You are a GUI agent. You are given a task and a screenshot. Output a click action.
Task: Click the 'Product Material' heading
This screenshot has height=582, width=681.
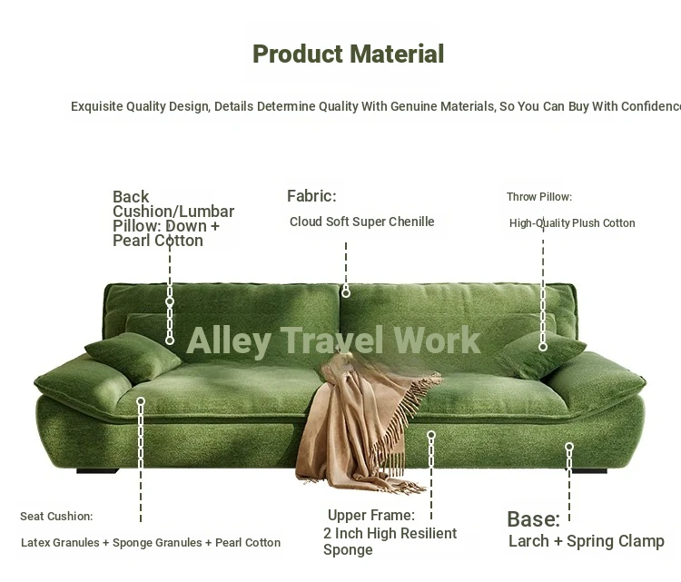pos(349,54)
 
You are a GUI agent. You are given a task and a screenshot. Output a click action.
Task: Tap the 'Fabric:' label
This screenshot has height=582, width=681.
pos(311,196)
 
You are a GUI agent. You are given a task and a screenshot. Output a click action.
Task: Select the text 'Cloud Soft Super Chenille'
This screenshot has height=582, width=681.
pos(361,222)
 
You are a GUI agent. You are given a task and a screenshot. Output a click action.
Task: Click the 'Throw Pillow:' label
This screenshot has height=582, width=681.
pos(539,197)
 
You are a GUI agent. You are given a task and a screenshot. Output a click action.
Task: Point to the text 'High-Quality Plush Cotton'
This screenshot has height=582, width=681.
pos(572,222)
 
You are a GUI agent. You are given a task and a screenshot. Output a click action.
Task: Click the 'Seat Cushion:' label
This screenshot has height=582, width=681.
pos(56,516)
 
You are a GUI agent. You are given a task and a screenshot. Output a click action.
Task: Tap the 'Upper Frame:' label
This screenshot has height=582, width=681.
pos(371,515)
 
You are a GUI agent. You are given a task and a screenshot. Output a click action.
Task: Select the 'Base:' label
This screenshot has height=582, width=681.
pos(533,519)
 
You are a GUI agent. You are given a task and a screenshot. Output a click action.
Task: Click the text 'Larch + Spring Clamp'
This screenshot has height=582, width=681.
pos(587,541)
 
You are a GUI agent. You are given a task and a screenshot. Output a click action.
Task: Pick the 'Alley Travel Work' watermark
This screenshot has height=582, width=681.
pos(333,340)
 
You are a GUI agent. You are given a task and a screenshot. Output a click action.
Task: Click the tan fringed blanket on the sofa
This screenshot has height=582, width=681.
pos(365,423)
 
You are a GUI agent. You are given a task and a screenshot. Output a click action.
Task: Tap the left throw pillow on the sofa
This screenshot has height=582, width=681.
pos(133,357)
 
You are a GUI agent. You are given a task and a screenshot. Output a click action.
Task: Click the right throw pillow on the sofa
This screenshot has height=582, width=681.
pos(541,354)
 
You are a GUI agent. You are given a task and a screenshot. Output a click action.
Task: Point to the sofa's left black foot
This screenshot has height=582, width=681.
pos(97,471)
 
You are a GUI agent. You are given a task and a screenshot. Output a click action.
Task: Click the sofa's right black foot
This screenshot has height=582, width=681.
pos(589,471)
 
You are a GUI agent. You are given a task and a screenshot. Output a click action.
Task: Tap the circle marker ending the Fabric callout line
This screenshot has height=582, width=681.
pos(346,293)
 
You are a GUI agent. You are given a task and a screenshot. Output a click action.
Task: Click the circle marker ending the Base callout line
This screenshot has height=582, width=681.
pos(569,447)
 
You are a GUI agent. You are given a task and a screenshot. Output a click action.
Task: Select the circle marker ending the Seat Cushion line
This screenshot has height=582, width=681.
pos(141,401)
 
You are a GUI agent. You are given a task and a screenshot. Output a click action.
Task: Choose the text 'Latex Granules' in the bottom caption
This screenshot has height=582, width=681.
pos(60,542)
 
